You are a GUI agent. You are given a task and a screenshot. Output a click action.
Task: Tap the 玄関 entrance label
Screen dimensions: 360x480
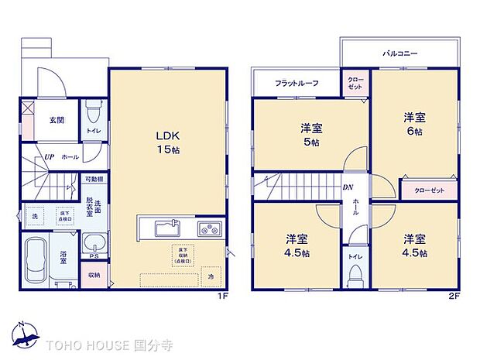(56, 121)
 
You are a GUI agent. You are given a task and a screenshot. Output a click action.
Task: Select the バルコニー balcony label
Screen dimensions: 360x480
(399, 55)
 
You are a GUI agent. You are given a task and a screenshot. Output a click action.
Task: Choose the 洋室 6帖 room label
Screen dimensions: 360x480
(413, 124)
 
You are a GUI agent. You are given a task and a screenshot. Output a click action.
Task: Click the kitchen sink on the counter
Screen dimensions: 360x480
(167, 228)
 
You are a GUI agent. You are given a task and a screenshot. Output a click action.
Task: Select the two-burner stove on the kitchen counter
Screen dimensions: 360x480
(209, 228)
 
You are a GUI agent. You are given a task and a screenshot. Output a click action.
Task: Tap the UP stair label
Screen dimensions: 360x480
(49, 156)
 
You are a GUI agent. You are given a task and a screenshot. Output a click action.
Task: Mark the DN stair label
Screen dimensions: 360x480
(348, 187)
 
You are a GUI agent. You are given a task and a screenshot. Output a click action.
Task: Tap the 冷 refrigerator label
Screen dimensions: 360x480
(211, 276)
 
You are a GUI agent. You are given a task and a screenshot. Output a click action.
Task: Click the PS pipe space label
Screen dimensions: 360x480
(94, 257)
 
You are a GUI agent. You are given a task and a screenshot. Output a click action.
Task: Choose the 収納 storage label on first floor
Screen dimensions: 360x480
(94, 275)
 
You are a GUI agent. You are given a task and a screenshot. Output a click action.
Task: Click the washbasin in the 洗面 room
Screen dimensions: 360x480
(92, 242)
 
